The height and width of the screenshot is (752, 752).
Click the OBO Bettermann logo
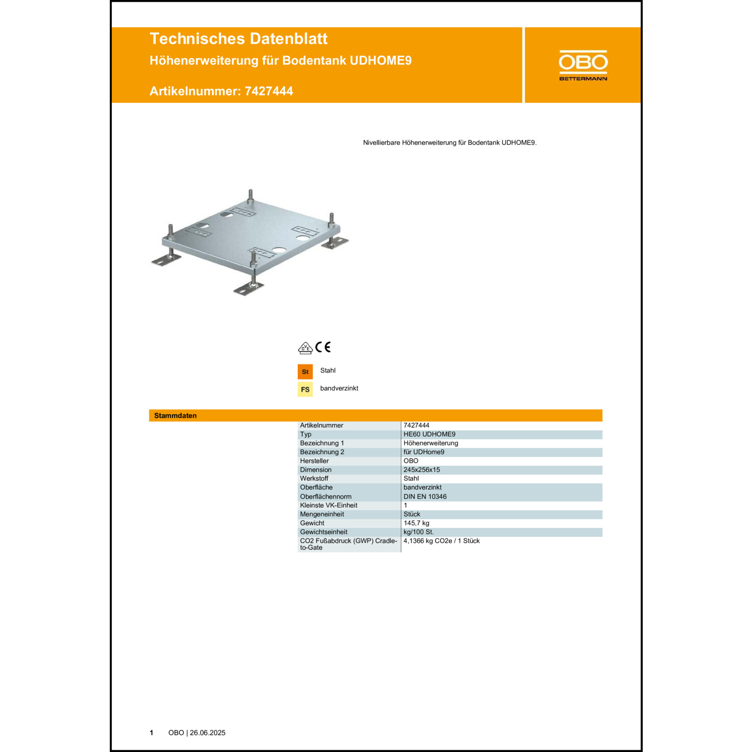tap(583, 65)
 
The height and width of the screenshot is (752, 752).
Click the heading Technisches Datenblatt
tap(238, 39)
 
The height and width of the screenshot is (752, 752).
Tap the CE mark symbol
tap(323, 347)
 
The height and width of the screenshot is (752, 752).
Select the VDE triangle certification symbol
tap(305, 348)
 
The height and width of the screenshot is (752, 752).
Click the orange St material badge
tap(305, 371)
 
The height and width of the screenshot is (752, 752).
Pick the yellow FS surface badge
tap(305, 390)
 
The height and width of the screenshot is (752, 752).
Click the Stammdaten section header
tap(175, 416)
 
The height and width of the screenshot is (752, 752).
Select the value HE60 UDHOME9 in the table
tap(429, 434)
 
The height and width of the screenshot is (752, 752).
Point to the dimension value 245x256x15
tap(422, 470)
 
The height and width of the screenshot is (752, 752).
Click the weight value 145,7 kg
tap(416, 523)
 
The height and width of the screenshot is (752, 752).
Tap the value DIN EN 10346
tap(425, 496)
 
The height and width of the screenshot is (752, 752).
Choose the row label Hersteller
tap(314, 461)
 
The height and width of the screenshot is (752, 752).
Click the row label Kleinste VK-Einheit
tap(328, 505)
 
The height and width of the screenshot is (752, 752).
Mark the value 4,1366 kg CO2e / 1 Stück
tap(441, 541)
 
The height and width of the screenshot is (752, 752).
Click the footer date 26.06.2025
tap(208, 732)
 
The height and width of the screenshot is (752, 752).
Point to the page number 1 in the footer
tap(151, 732)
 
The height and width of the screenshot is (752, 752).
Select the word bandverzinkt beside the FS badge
tap(339, 388)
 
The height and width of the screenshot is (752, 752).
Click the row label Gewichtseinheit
tap(323, 532)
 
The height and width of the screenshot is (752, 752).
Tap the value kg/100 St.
tap(418, 532)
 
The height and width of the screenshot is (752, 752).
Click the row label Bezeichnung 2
tap(322, 452)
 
